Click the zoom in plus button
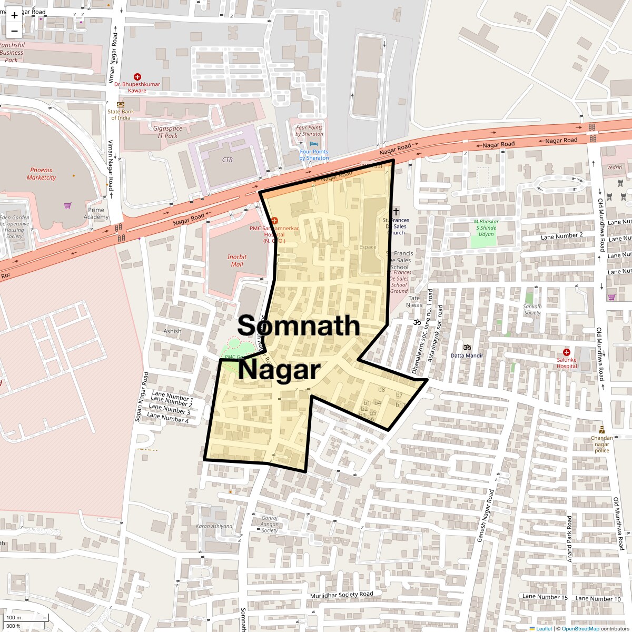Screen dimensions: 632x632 tap(14, 15)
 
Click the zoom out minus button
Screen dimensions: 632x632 tap(14, 31)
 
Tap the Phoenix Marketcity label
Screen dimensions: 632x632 tap(41, 174)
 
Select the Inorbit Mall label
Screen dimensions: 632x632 tap(237, 260)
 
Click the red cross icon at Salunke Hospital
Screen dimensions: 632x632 tap(567, 352)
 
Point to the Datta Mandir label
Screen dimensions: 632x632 tap(467, 355)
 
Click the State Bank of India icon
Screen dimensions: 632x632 tap(121, 104)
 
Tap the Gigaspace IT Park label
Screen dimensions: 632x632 tap(167, 132)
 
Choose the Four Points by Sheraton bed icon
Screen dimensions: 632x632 tap(314, 143)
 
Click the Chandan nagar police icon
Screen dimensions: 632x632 tap(601, 430)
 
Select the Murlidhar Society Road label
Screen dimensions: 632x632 tap(341, 595)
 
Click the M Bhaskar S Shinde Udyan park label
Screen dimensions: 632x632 tap(486, 228)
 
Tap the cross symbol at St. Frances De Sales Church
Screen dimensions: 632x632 tap(396, 211)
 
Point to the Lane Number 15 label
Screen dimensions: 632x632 tap(545, 597)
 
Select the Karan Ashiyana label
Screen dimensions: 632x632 tap(214, 526)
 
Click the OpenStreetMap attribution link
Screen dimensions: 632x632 tap(580, 628)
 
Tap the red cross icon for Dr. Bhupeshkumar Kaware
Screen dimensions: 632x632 tap(137, 77)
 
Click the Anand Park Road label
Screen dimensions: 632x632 tap(569, 538)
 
